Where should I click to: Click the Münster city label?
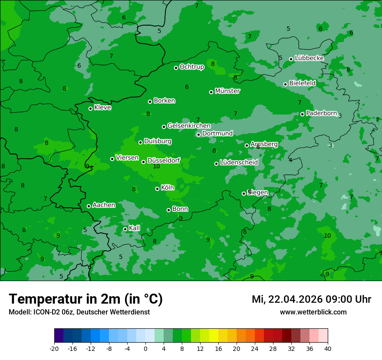tap(227, 91)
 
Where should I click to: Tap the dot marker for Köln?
tap(157, 189)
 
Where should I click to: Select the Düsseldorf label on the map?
tap(164, 160)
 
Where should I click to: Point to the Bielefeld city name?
tap(302, 83)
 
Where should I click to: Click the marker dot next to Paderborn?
tap(303, 114)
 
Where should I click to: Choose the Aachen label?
tap(104, 205)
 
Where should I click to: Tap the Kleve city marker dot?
tap(90, 108)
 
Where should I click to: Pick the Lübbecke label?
tap(309, 58)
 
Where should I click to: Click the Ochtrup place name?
tap(191, 67)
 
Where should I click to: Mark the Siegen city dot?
tap(244, 193)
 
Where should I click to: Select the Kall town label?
tap(134, 228)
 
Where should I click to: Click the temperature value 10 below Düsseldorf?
tap(157, 166)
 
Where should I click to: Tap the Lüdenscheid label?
tap(239, 163)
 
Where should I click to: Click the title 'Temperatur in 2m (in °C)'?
tap(86, 299)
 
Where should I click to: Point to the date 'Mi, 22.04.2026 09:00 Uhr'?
tap(311, 300)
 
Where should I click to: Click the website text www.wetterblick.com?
tap(313, 312)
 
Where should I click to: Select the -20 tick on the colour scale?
tap(54, 349)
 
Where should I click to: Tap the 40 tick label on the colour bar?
tap(328, 349)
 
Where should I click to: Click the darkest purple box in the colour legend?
tap(59, 336)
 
